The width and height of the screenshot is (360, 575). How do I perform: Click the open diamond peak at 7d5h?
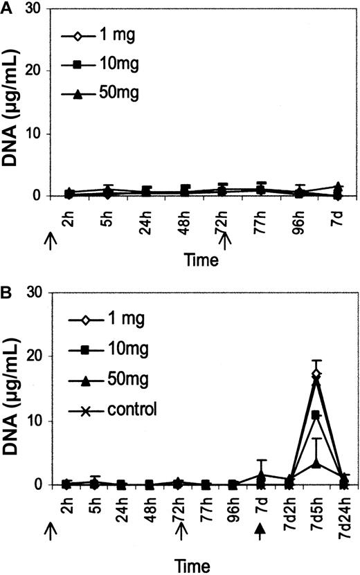pyautogui.click(x=316, y=374)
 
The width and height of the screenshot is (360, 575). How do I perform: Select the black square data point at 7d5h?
pyautogui.click(x=316, y=415)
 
